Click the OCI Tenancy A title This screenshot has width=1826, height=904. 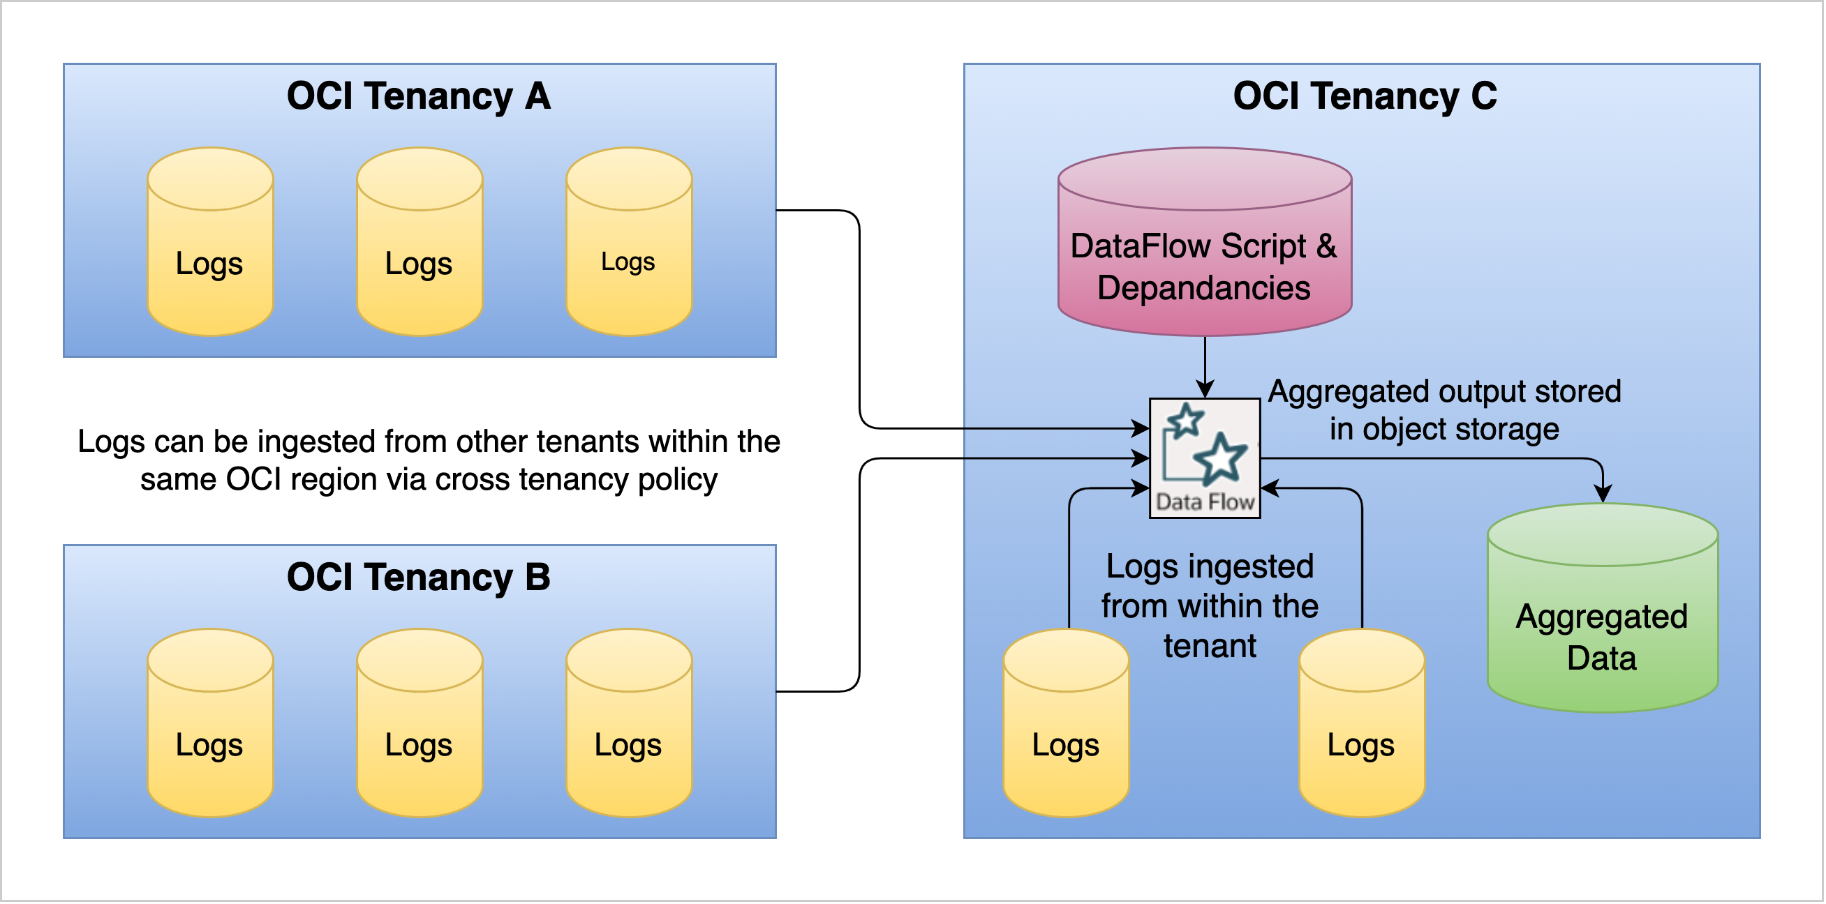click(418, 96)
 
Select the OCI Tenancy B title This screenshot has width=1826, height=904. click(418, 578)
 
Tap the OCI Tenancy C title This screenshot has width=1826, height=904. click(1365, 96)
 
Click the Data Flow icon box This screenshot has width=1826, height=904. click(1205, 459)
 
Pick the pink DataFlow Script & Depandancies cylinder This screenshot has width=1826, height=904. click(1205, 266)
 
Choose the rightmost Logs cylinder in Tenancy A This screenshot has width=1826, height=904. click(629, 262)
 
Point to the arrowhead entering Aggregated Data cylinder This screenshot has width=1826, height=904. click(1604, 495)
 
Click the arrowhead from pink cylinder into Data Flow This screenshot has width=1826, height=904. click(1205, 390)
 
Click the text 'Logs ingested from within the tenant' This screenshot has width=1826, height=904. click(1211, 606)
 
